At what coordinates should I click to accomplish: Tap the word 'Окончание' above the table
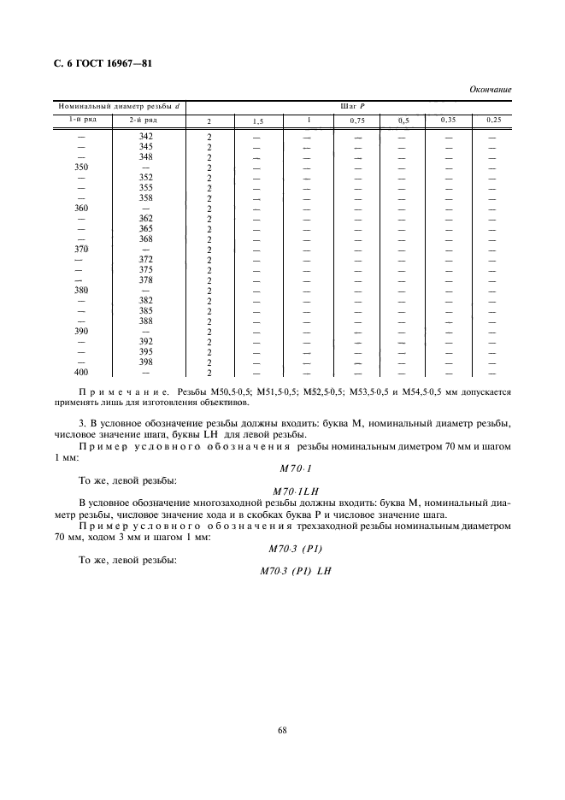point(491,89)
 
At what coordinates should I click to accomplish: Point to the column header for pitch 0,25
point(492,121)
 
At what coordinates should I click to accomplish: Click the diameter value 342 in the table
point(145,137)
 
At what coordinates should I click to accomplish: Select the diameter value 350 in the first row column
point(82,168)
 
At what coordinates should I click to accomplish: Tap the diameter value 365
point(145,229)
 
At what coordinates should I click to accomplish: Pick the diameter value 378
point(145,280)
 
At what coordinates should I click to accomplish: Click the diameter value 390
point(82,332)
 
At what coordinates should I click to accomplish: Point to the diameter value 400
point(82,373)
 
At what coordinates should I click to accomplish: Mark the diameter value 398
point(145,362)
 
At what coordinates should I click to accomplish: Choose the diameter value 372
point(145,260)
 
